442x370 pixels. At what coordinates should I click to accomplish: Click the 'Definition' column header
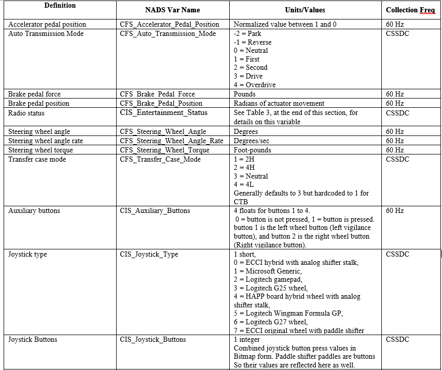click(60, 6)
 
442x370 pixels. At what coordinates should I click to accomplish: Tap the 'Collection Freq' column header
click(410, 10)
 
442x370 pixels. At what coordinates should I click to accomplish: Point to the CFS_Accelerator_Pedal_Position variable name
click(170, 24)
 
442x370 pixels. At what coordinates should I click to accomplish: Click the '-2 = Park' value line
click(247, 33)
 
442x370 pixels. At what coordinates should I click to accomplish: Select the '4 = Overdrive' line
click(254, 85)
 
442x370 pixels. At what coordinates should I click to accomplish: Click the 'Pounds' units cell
click(245, 94)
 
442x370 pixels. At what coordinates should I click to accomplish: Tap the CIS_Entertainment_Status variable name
click(163, 113)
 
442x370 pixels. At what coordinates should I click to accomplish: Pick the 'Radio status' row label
click(26, 113)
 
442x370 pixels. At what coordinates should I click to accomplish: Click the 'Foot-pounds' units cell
click(252, 150)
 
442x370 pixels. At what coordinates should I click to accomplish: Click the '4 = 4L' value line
click(244, 184)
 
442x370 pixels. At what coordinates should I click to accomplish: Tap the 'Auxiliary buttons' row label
click(34, 210)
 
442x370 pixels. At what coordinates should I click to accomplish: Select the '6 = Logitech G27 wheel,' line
click(270, 322)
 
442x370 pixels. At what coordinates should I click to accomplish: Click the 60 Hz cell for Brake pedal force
click(395, 94)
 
